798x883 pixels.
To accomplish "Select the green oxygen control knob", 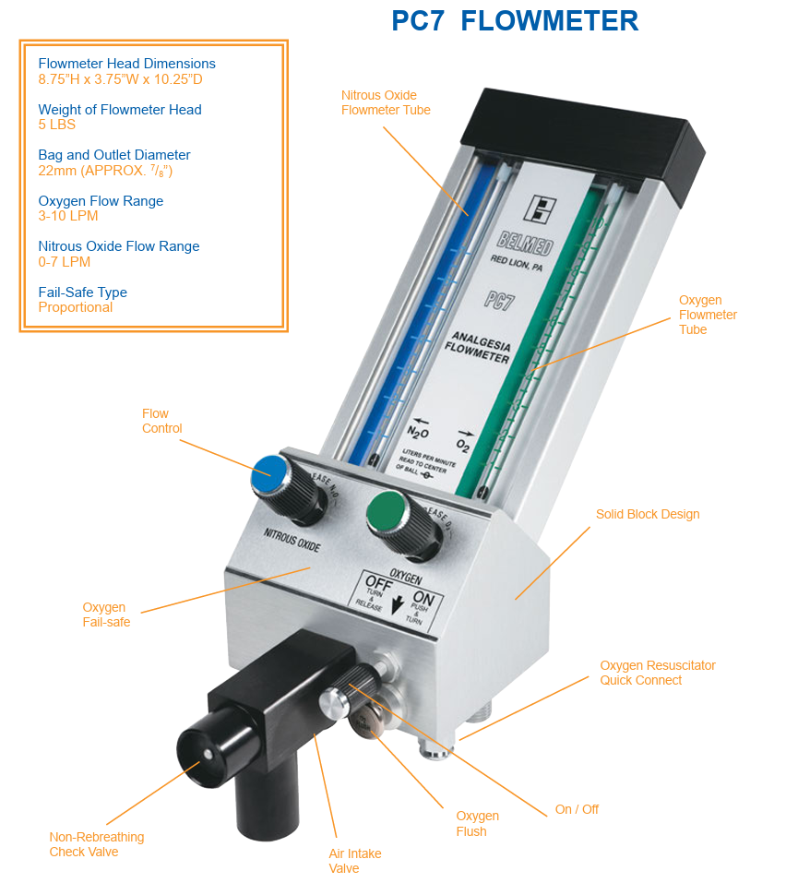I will coord(388,510).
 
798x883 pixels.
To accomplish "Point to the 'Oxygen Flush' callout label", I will coord(477,823).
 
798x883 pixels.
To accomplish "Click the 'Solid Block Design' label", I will coord(647,514).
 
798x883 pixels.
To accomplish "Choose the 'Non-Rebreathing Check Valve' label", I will coord(96,844).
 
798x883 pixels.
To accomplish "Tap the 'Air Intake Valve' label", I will coord(354,861).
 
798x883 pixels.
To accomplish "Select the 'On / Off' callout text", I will coord(577,809).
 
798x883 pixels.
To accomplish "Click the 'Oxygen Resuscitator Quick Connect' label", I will coord(657,673).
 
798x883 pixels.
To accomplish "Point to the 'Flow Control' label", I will coord(161,421).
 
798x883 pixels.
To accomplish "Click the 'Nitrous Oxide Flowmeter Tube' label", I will coord(385,102).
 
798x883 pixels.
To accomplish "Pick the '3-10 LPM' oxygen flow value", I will coord(67,216).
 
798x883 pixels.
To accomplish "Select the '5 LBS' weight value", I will coord(56,125).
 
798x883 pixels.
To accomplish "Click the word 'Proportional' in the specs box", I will coord(75,307).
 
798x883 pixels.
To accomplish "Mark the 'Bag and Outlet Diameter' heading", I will coord(113,155).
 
